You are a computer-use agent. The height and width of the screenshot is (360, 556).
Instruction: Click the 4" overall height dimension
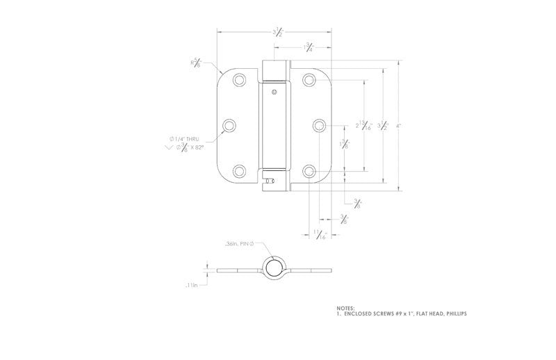point(398,126)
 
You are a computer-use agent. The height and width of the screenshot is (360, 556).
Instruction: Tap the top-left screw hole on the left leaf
point(239,80)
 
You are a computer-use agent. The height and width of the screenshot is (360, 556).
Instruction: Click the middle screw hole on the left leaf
point(229,125)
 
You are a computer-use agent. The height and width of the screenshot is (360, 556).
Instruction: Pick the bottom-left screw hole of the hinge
point(239,170)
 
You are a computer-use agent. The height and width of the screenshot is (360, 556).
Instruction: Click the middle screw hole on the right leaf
point(319,125)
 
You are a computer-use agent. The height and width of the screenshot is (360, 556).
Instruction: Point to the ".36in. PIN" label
point(239,244)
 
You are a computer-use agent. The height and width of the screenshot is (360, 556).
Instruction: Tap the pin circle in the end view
point(274,268)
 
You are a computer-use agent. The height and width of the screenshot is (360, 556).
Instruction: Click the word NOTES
point(345,308)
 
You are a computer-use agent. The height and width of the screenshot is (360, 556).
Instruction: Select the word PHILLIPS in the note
point(452,313)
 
